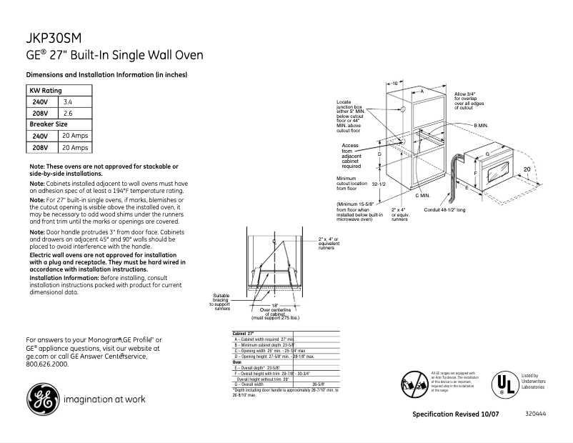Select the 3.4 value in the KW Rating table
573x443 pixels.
pos(68,102)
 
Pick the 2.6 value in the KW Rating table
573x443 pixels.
pos(68,113)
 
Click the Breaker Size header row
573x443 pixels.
pos(48,124)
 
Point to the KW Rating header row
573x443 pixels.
pos(45,91)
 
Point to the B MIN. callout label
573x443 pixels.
pos(482,125)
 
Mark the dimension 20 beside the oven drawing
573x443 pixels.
pos(527,169)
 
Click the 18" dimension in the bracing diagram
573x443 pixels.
pos(274,304)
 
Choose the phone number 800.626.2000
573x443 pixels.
pos(47,363)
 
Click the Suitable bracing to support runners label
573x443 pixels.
pos(221,302)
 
